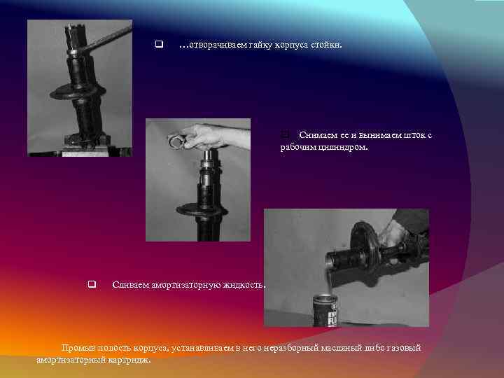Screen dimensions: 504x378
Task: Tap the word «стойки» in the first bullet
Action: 326,45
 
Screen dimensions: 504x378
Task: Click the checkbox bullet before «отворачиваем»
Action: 159,44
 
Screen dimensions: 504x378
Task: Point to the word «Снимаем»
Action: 318,135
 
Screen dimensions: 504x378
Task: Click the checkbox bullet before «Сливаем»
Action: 92,284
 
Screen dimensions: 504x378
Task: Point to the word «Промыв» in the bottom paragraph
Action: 78,348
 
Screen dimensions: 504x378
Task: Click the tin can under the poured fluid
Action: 325,311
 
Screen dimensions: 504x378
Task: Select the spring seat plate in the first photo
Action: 78,92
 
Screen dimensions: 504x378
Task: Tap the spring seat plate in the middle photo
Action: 202,210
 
